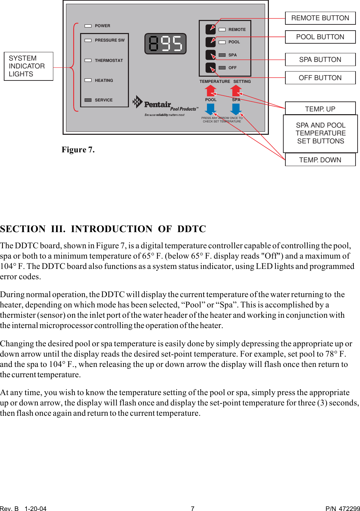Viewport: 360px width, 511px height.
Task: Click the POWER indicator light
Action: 88,26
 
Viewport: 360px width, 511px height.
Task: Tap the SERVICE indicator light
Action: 88,100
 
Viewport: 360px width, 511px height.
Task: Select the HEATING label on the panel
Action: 104,80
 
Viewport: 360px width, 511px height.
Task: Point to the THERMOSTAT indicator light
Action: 88,61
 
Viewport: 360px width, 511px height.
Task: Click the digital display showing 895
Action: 165,44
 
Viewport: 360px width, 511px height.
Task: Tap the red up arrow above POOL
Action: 210,91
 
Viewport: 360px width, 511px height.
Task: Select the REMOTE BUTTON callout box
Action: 320,18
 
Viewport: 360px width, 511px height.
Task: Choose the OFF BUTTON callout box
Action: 320,78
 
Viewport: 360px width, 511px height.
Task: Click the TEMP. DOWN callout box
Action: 320,160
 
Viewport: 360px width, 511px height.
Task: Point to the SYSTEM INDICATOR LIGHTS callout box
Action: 29,66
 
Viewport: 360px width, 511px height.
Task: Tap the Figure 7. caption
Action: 78,150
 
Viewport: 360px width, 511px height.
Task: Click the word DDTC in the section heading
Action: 192,229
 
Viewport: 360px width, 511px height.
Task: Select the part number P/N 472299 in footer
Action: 342,509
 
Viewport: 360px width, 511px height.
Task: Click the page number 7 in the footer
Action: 193,509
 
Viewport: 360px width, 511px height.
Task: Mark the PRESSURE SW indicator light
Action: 88,40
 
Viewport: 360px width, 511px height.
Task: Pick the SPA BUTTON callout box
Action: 320,59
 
